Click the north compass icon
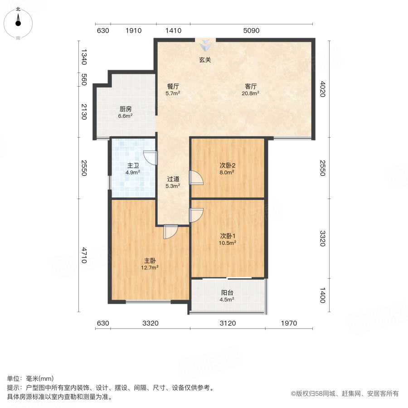point(18,22)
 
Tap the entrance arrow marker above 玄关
point(206,45)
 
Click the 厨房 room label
point(126,109)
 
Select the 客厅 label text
point(251,86)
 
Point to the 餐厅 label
point(173,86)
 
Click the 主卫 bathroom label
point(133,165)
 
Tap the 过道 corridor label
point(173,179)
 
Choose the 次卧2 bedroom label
point(227,165)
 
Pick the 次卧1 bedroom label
point(227,236)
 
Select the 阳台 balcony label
point(227,292)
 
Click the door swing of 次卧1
point(196,215)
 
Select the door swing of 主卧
point(171,232)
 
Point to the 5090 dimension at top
point(251,31)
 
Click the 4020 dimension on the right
point(323,88)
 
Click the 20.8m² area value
point(251,93)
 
